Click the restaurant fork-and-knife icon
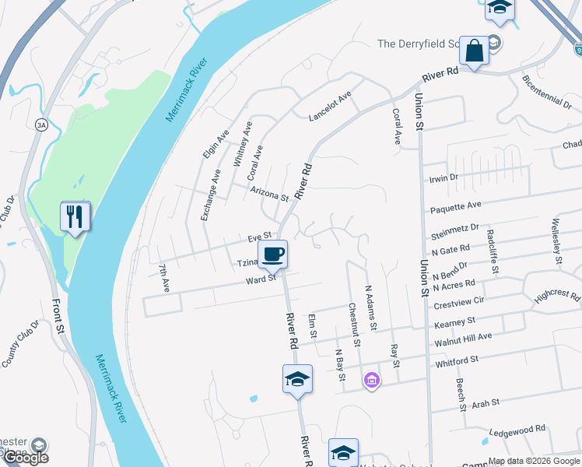75,216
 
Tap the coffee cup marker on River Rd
272,254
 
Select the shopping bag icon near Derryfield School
473,51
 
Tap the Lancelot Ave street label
331,106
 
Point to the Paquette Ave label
457,206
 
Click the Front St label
58,317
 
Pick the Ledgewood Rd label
517,430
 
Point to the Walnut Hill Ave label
463,336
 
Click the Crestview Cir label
458,300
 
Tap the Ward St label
261,279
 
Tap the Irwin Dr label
444,178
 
